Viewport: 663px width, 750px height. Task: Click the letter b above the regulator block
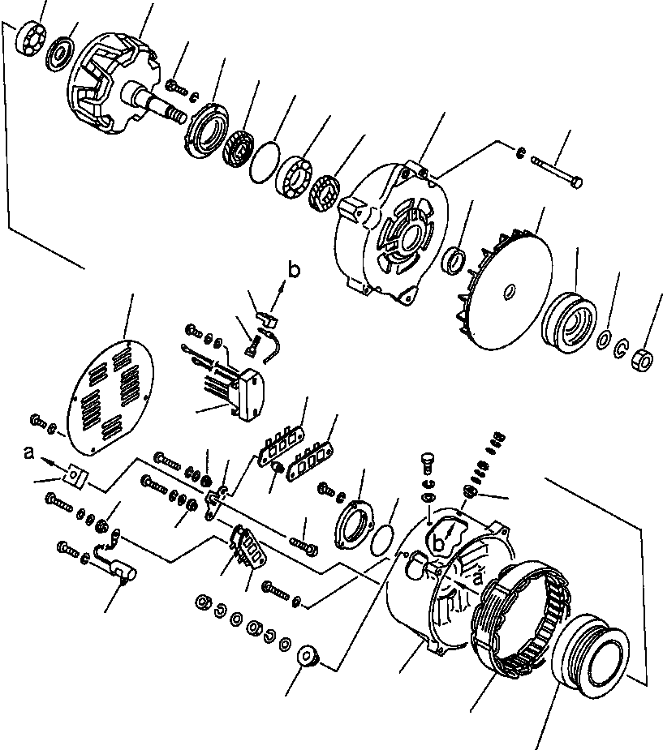click(295, 266)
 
